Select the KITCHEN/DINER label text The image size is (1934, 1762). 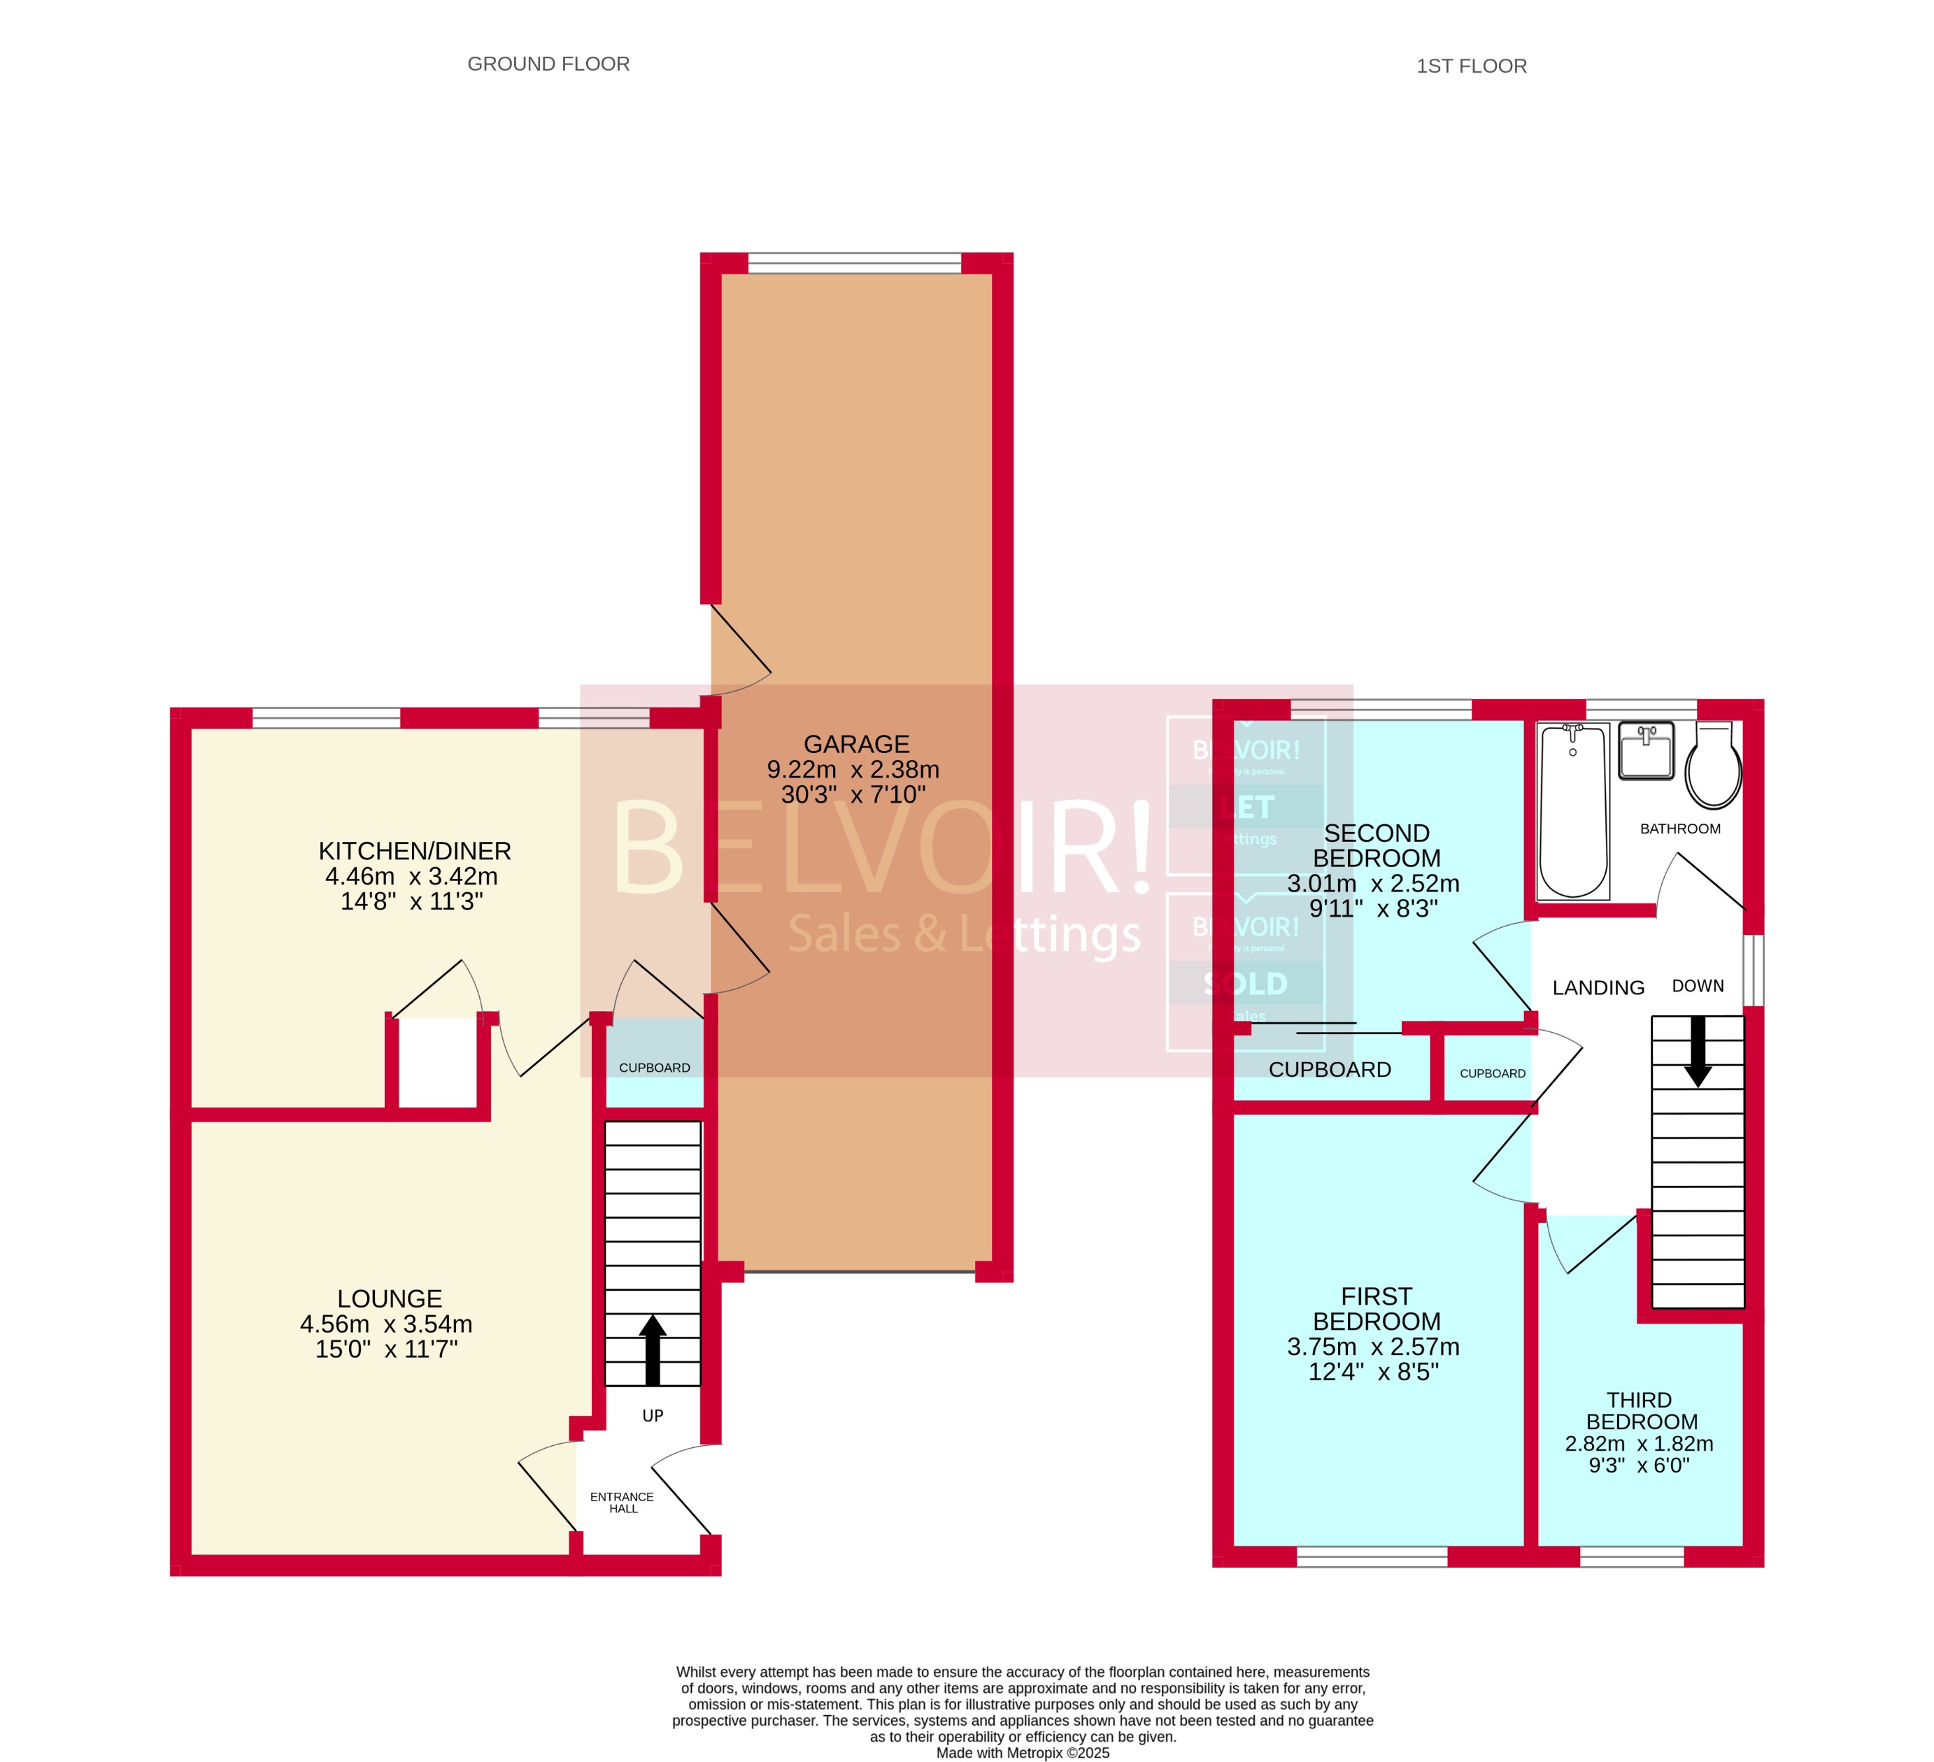(x=414, y=851)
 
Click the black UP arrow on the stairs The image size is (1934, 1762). (x=653, y=1349)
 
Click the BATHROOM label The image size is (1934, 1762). (x=1680, y=829)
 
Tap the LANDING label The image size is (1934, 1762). (x=1598, y=988)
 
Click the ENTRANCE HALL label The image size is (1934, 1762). (x=622, y=1502)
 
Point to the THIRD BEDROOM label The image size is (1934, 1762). (x=1640, y=1411)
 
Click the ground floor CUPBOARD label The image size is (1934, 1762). (x=654, y=1068)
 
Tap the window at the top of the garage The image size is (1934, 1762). (x=854, y=263)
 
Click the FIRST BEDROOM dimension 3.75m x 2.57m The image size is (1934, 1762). (x=1373, y=1347)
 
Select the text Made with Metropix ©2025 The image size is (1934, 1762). (x=1023, y=1752)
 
